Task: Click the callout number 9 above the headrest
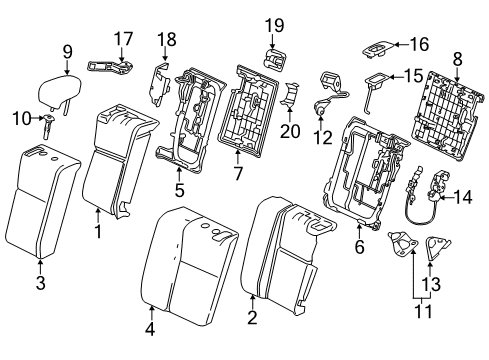coord(67,51)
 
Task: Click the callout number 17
coord(122,39)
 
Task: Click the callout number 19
coord(275,24)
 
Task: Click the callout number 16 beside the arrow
coord(419,43)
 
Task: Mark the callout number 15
coord(411,75)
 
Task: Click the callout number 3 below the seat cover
coord(41,266)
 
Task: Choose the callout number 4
coord(150,328)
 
